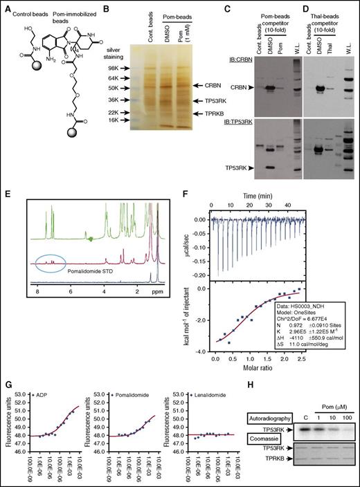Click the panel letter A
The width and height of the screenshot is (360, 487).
[x=6, y=6]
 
